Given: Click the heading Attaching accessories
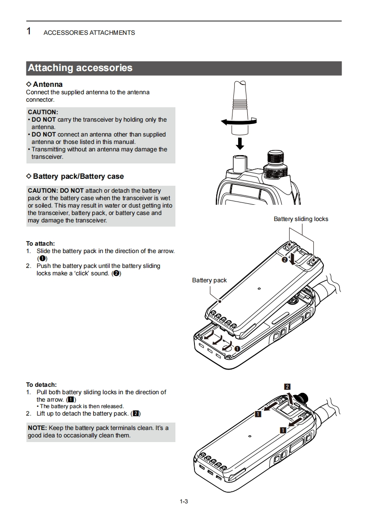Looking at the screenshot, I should pyautogui.click(x=80, y=68).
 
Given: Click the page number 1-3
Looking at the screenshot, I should pyautogui.click(x=184, y=501).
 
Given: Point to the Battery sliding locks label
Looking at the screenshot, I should pyautogui.click(x=301, y=219).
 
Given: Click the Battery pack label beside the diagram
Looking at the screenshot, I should pyautogui.click(x=209, y=280).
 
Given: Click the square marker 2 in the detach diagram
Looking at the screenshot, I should pyautogui.click(x=287, y=387).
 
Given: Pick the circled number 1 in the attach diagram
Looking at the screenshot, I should pyautogui.click(x=237, y=348).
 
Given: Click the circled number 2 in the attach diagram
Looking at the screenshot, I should pyautogui.click(x=285, y=260).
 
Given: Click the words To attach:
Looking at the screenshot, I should pyautogui.click(x=40, y=243).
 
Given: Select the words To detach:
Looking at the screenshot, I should pyautogui.click(x=41, y=384).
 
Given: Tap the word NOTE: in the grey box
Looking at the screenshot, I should pyautogui.click(x=37, y=428).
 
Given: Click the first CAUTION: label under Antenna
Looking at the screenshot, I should pyautogui.click(x=43, y=112).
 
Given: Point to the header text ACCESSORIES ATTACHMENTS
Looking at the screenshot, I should pyautogui.click(x=89, y=33).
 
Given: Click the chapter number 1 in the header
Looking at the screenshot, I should pyautogui.click(x=29, y=32).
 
